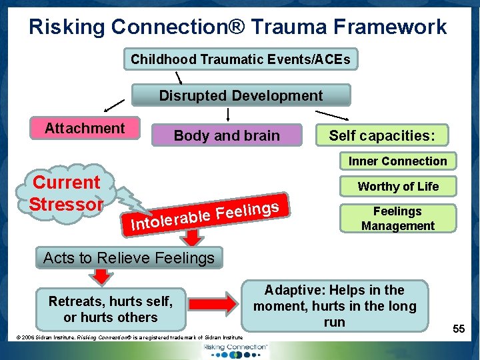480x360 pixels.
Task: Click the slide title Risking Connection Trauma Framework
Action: (238, 27)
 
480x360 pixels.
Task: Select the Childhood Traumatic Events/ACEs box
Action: (241, 59)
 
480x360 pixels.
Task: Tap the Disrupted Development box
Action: (241, 95)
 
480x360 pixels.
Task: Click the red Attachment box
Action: (85, 128)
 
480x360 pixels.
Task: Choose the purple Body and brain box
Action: (227, 135)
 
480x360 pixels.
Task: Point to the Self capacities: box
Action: (382, 135)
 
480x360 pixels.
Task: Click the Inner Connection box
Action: (397, 161)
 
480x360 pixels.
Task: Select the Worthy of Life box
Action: (398, 186)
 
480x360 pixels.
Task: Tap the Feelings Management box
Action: (397, 218)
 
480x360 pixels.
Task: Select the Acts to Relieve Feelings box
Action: (129, 257)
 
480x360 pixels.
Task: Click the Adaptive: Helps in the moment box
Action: (335, 306)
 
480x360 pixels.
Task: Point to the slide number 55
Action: (459, 329)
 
